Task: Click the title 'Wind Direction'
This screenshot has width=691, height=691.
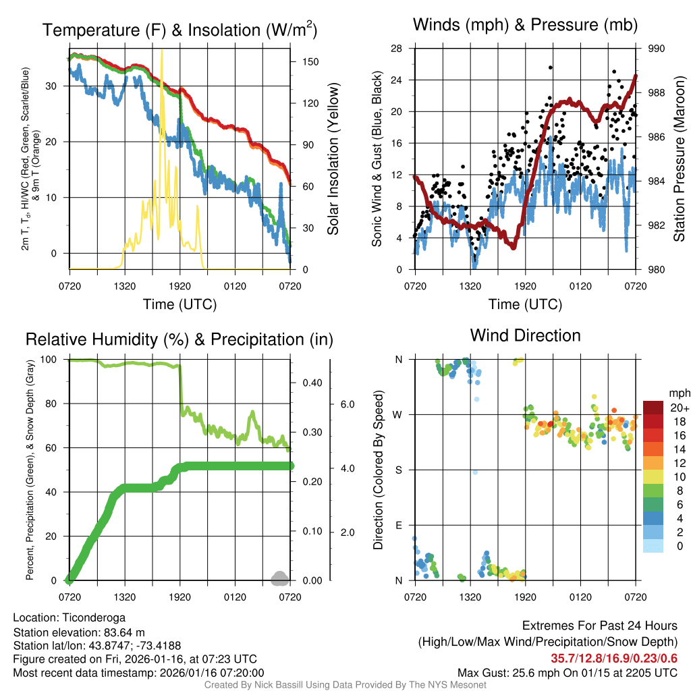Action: pos(525,335)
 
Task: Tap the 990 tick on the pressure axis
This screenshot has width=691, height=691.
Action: pos(656,49)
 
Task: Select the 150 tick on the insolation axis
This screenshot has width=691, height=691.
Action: pos(311,61)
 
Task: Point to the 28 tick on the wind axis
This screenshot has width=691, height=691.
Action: pos(397,49)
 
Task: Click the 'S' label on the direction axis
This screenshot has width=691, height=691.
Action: pos(398,470)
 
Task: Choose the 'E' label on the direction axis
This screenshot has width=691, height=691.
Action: pos(398,525)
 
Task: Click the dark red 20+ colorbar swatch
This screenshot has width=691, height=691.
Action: pos(654,408)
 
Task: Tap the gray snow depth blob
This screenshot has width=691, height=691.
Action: pos(279,578)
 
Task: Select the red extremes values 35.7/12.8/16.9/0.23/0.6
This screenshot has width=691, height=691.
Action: pos(614,659)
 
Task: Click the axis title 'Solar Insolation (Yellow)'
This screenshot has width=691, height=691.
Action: pos(333,159)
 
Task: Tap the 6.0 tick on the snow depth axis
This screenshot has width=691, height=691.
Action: pos(345,404)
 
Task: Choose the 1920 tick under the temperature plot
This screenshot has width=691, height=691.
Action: pos(179,285)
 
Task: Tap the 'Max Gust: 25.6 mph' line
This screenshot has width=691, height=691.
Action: pos(567,673)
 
